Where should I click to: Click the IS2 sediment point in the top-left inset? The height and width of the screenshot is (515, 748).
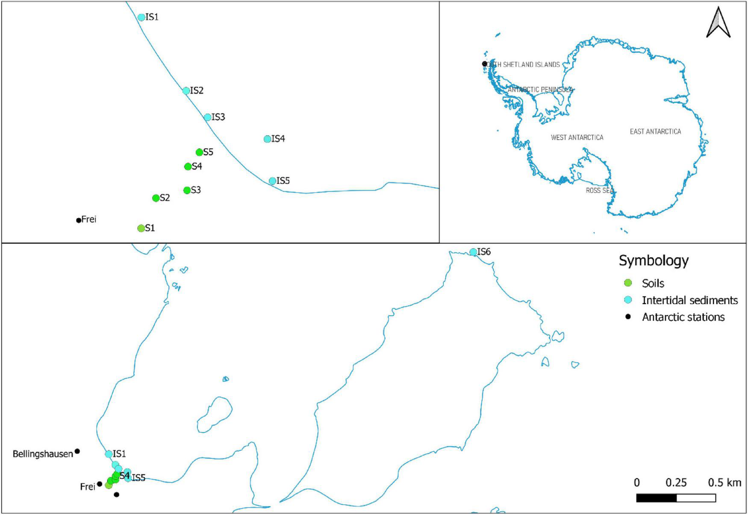[x=186, y=91]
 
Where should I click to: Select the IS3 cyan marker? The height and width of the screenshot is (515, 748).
[x=207, y=117]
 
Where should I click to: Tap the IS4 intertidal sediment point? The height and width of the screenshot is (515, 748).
[x=267, y=139]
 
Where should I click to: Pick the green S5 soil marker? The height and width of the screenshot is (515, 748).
[x=199, y=152]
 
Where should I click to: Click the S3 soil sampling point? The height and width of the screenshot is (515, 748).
[x=187, y=190]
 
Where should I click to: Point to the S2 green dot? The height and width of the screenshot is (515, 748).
[x=156, y=198]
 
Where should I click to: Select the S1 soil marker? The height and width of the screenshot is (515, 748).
[x=141, y=228]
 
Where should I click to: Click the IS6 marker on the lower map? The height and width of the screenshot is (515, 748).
[x=473, y=252]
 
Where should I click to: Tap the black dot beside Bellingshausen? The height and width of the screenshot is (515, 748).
[x=77, y=451]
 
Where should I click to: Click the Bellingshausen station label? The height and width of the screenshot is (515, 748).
[x=43, y=454]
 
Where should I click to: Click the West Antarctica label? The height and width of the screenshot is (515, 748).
[x=577, y=138]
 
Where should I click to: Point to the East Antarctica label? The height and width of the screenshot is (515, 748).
[x=655, y=132]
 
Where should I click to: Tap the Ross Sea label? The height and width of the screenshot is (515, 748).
[x=599, y=190]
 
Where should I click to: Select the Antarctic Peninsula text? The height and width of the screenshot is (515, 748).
[x=540, y=90]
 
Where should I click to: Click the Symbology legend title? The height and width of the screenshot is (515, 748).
[x=654, y=260]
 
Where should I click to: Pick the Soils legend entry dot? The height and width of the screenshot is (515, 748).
[x=628, y=283]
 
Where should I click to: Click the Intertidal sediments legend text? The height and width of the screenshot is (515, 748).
[x=689, y=300]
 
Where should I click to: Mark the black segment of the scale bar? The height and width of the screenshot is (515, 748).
[x=656, y=498]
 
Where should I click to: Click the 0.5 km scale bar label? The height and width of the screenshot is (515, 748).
[x=724, y=483]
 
